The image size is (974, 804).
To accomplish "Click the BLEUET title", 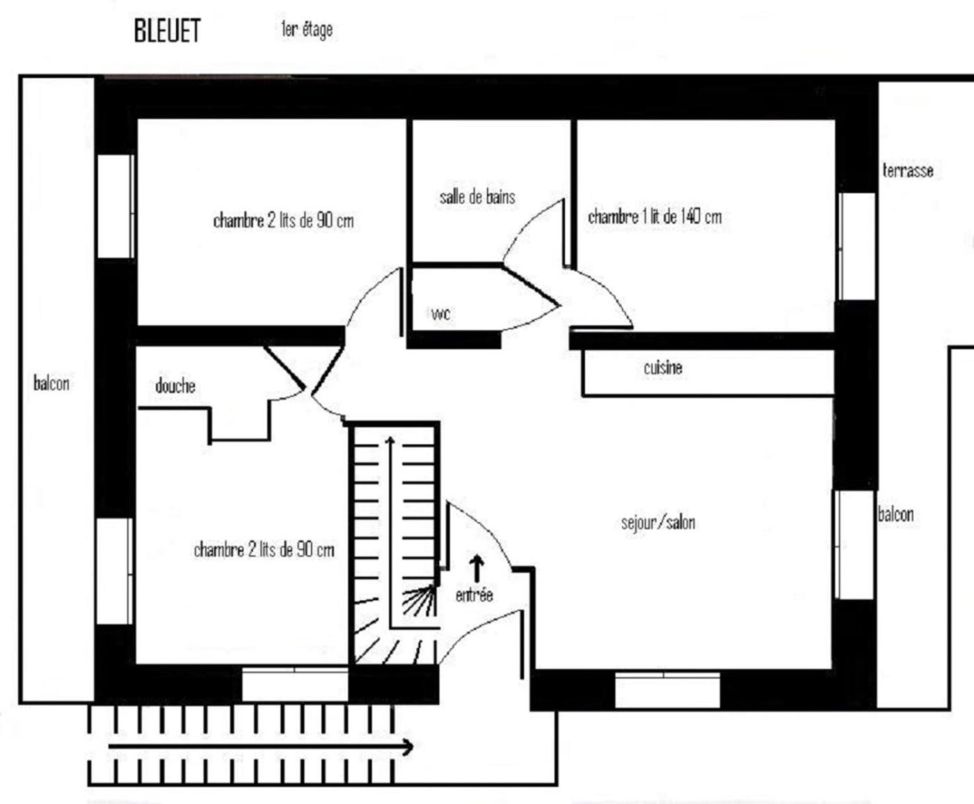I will (167, 31).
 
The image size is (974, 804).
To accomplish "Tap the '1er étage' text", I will (307, 29).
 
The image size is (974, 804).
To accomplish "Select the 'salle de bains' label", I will (477, 197).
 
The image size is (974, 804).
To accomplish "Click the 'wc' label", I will (440, 314).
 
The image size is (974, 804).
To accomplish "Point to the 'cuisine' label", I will (662, 368).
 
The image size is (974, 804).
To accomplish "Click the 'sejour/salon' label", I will (657, 522).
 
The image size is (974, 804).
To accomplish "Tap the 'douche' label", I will (175, 386).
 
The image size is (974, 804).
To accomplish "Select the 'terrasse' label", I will (908, 171).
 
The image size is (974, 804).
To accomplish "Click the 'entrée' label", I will (474, 595).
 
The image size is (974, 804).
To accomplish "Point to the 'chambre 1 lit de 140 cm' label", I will (655, 216).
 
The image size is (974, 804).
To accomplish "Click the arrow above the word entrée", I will (477, 568).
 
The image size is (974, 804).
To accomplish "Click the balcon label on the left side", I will (51, 383).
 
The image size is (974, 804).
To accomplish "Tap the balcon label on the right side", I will (895, 514).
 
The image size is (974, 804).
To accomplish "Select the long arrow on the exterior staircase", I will (261, 747).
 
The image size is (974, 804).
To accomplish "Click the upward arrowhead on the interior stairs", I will (390, 441).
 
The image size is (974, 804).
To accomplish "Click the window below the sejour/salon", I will (667, 690).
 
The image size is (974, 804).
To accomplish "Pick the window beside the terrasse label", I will (856, 246).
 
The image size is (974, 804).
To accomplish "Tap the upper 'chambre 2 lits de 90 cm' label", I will (283, 221).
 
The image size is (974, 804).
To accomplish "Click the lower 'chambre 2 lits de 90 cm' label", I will (264, 550).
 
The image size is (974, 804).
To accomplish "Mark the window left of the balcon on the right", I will (854, 544).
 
